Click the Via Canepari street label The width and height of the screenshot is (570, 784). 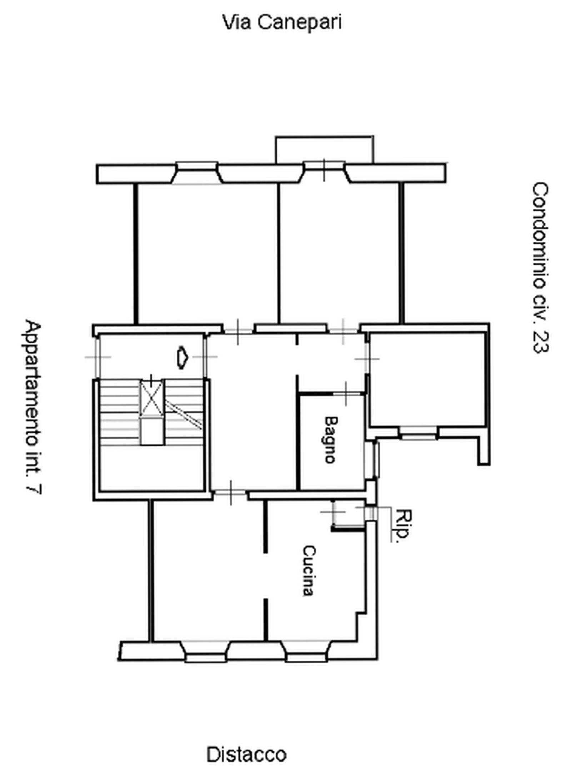pyautogui.click(x=282, y=22)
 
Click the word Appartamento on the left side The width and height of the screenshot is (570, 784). pyautogui.click(x=33, y=388)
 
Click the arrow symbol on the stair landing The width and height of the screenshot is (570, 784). pyautogui.click(x=182, y=357)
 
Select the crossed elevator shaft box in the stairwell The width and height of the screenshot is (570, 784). pyautogui.click(x=152, y=398)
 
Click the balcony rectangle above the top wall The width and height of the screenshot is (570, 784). pyautogui.click(x=324, y=149)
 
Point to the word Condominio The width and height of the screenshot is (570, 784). pyautogui.click(x=540, y=236)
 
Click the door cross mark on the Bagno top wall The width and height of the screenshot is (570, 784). pyautogui.click(x=346, y=393)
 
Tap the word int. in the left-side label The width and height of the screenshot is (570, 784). pyautogui.click(x=33, y=467)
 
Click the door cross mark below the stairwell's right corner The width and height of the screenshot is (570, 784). pyautogui.click(x=231, y=493)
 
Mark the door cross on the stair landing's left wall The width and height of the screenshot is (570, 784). pyautogui.click(x=97, y=357)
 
